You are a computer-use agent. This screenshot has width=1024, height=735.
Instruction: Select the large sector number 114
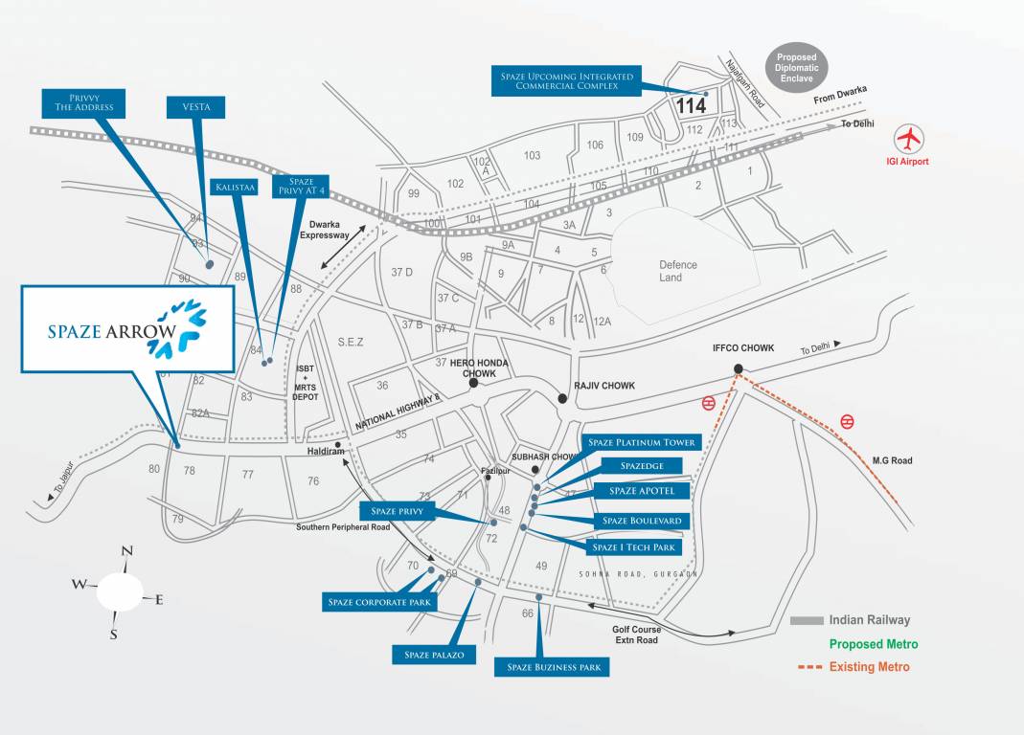coord(691,106)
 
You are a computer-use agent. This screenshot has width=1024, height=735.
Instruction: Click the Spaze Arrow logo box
coord(127,328)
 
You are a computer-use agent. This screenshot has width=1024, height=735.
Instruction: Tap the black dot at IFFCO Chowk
coord(738,369)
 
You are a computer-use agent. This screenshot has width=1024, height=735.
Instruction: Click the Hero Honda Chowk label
coord(486,368)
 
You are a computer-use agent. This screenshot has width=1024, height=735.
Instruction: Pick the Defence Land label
coord(677,271)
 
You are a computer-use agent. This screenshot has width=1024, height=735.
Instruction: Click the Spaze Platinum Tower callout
coord(642,442)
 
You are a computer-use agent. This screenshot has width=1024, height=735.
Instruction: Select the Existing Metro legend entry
coord(869,666)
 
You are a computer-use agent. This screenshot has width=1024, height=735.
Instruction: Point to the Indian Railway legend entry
coord(869,620)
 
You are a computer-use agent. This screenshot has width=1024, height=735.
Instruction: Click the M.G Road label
coord(892,461)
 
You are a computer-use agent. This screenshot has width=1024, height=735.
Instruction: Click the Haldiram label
coord(325,451)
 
